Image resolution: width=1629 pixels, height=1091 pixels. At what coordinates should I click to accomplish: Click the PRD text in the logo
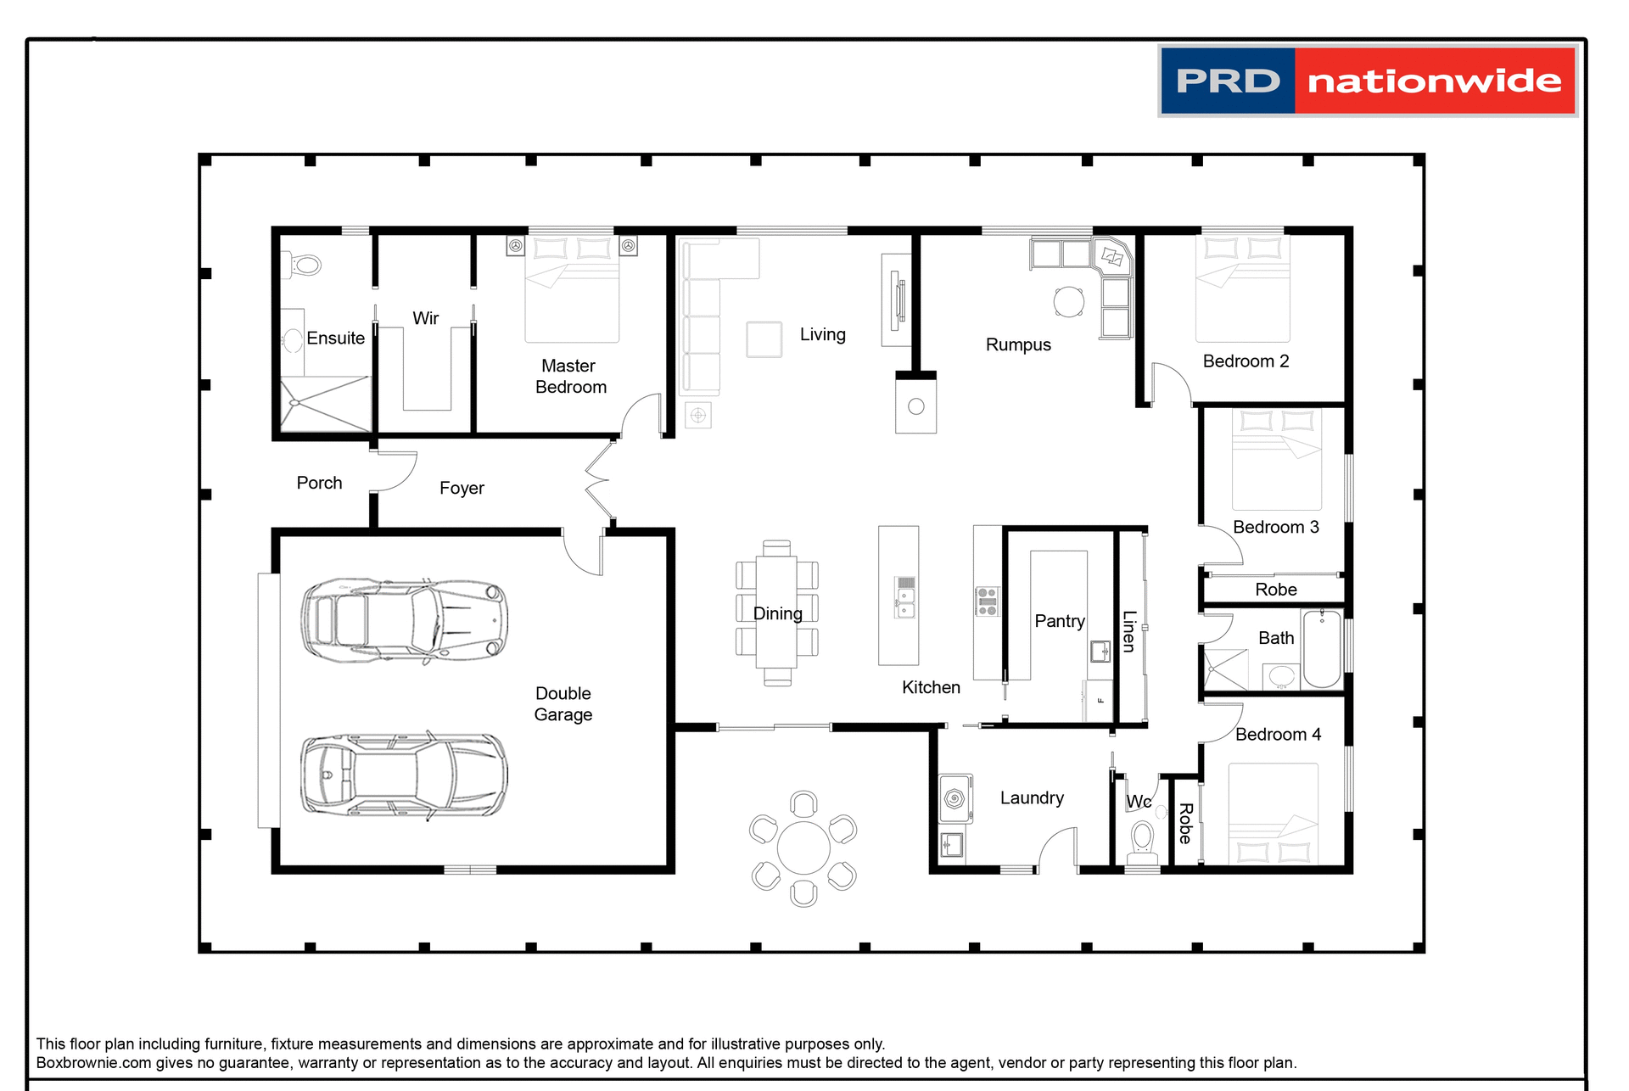(1227, 81)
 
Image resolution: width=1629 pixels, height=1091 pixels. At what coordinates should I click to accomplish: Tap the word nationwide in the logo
(1434, 81)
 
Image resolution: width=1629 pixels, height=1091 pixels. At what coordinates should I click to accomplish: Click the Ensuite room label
(335, 338)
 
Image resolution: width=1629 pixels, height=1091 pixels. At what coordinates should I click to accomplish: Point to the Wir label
(425, 318)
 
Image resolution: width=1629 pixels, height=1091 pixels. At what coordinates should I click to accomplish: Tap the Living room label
(822, 334)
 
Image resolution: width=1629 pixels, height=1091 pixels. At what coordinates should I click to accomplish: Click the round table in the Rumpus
(1068, 301)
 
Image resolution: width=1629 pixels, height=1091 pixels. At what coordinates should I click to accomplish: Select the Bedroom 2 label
(1246, 361)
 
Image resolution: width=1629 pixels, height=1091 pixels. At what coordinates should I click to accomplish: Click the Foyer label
(462, 488)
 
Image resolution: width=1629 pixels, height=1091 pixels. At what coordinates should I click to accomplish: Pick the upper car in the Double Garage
(404, 621)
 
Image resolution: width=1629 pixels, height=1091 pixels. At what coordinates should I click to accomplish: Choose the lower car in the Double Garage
(404, 775)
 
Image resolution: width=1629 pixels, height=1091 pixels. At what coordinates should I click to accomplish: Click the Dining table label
(777, 613)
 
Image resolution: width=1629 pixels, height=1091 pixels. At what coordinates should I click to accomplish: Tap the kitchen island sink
(905, 597)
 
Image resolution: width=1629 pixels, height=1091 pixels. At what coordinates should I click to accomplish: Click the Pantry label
(1059, 621)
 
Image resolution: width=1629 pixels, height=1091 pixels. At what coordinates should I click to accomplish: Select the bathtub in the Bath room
(1321, 648)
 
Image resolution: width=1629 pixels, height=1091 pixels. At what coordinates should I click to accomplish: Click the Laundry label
(1031, 797)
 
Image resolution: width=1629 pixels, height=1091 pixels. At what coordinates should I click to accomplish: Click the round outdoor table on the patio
(803, 848)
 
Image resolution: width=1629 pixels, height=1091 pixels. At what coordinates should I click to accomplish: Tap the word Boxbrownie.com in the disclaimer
(93, 1063)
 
